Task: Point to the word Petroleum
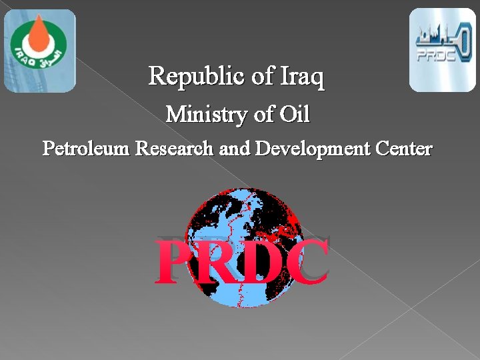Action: click(86, 148)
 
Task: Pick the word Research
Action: click(175, 148)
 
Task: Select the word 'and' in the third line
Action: click(234, 148)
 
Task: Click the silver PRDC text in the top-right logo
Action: click(436, 55)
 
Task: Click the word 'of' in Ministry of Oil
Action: click(261, 115)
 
